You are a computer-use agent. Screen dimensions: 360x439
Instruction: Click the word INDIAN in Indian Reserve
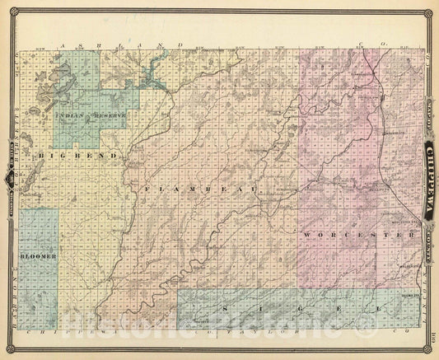click(68, 116)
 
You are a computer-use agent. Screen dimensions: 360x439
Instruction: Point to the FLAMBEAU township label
click(200, 190)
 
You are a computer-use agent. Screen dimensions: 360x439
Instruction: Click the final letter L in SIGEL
click(380, 307)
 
